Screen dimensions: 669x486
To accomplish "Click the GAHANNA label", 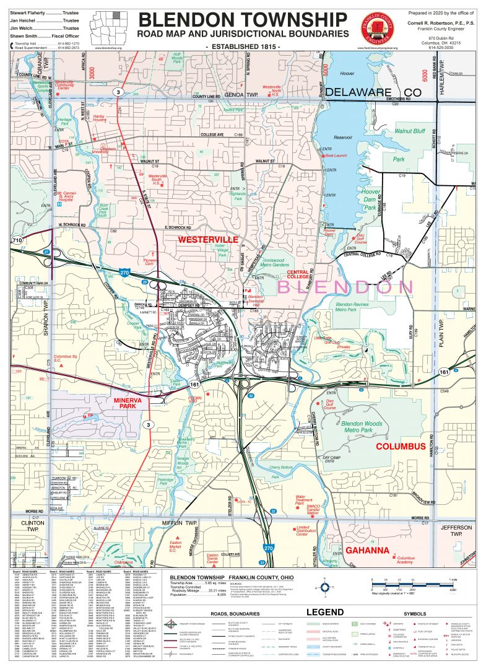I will pos(367,550).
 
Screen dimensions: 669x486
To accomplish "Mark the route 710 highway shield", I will pos(17,240).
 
